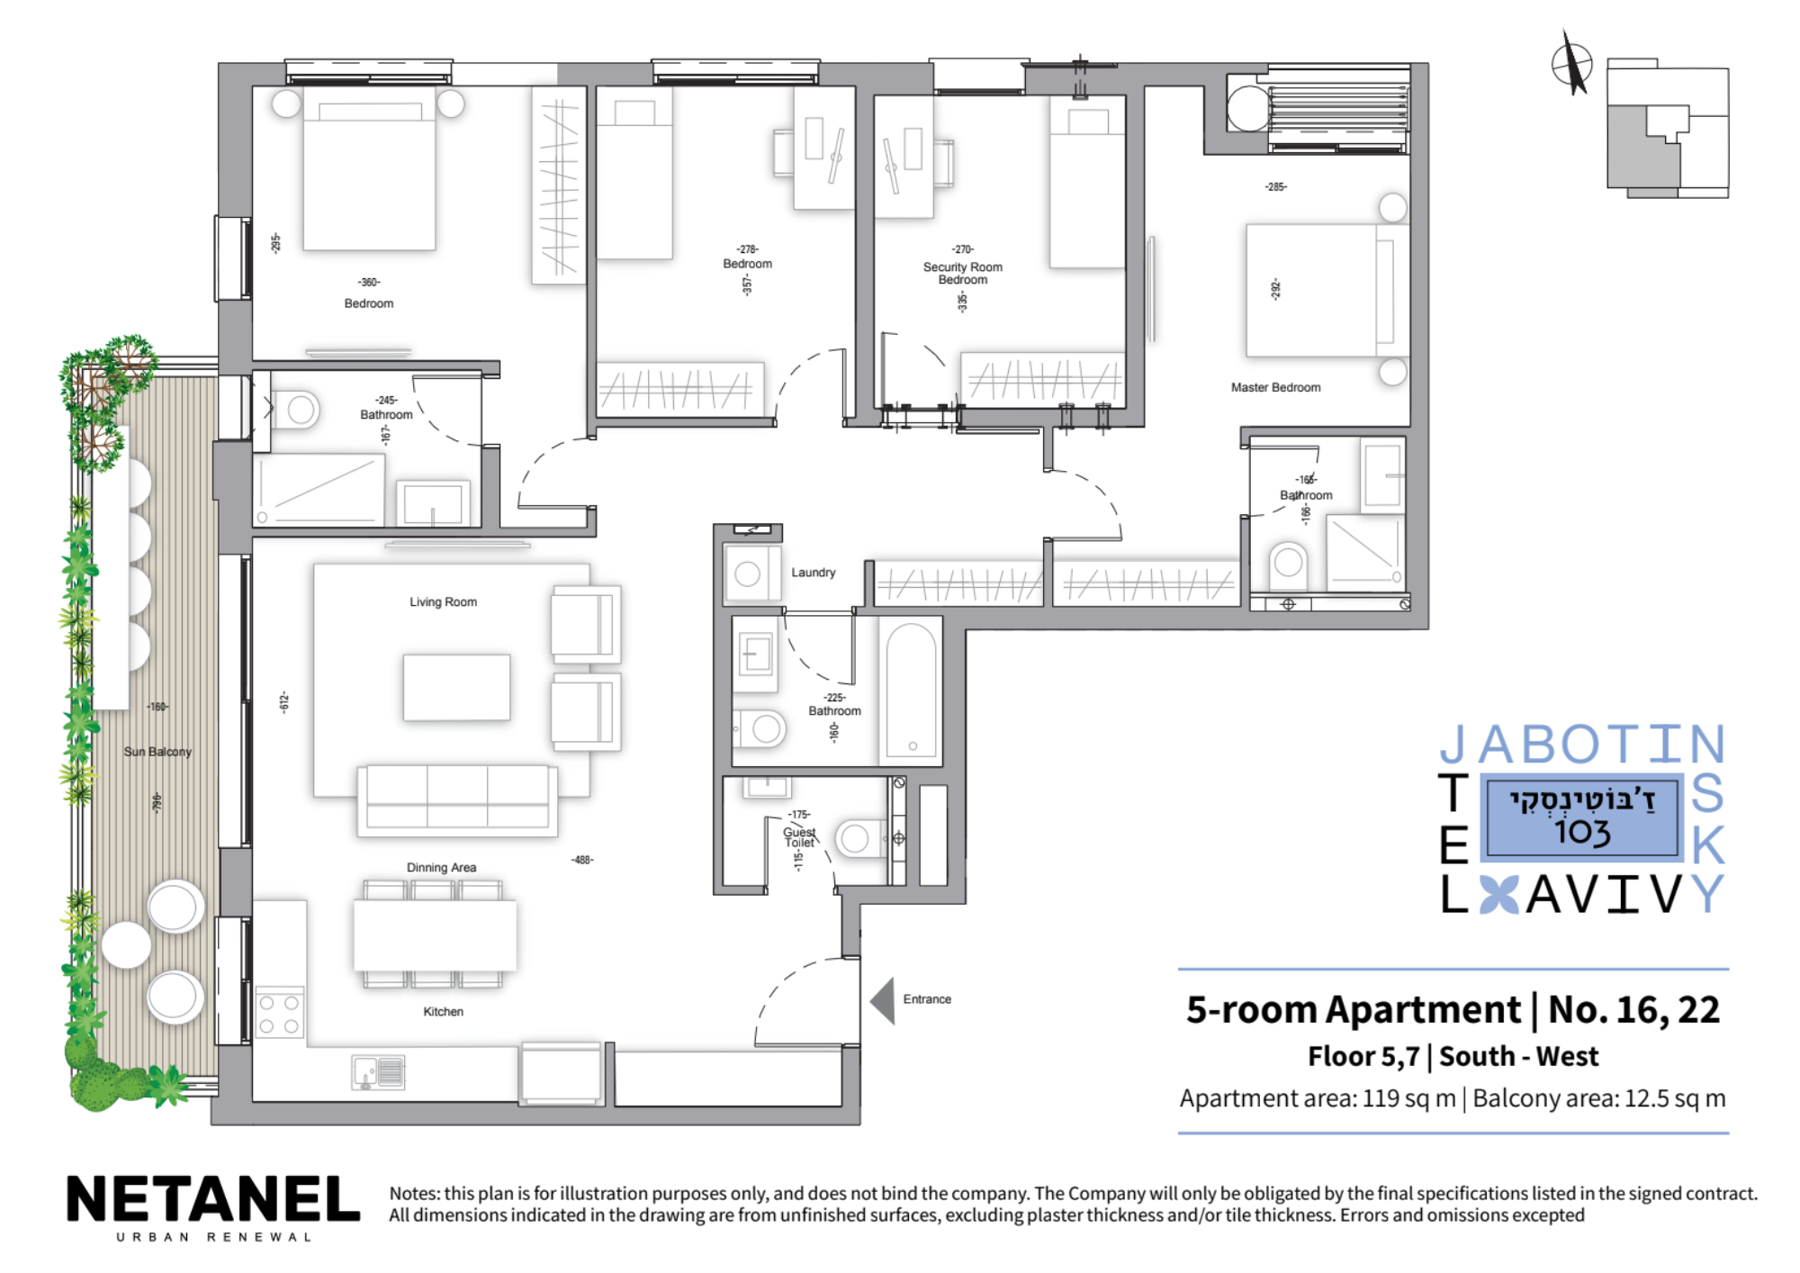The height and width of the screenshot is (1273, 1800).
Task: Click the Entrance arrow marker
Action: point(883,1000)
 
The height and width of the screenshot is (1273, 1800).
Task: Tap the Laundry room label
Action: point(813,573)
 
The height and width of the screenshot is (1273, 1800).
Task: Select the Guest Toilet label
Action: point(799,837)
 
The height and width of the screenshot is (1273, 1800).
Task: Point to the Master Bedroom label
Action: point(1275,387)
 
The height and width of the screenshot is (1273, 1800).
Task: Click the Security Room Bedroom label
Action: point(962,273)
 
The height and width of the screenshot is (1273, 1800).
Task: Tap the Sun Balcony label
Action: point(157,752)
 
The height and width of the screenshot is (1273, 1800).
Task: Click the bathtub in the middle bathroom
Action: point(911,691)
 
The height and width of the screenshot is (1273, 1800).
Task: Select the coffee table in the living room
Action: point(456,687)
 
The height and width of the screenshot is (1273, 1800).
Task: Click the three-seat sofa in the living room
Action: point(457,800)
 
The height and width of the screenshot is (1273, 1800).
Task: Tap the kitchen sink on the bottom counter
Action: point(379,1071)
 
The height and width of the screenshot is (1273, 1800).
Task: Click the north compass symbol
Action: point(1572,63)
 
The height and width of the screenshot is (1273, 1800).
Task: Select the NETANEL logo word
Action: point(213,1199)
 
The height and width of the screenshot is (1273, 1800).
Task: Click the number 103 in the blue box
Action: point(1582,831)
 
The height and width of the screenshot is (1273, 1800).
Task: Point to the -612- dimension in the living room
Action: point(284,702)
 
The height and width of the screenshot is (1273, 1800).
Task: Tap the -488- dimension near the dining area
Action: point(582,860)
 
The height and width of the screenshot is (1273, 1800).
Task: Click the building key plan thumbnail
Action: point(1668,128)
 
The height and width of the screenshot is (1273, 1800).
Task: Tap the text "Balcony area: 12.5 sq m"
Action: point(1599,1098)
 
